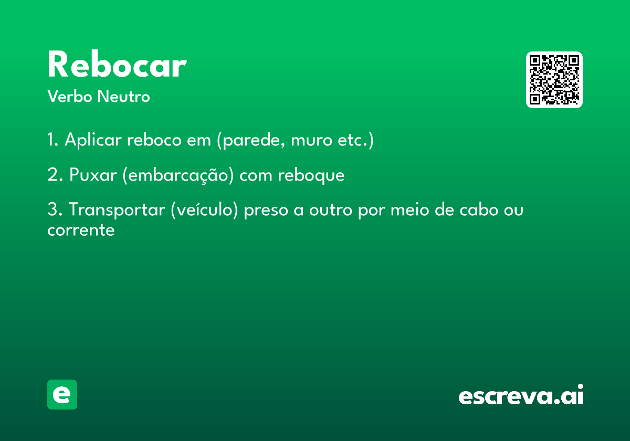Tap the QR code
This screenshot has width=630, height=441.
coord(554,80)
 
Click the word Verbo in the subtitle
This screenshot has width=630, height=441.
coord(70,96)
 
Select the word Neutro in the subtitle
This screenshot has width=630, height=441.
coord(123,96)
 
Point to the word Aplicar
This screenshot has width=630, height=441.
coord(93,140)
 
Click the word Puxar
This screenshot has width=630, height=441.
coord(93,175)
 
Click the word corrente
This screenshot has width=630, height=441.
coord(81,230)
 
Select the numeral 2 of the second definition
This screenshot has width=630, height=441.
coord(52,174)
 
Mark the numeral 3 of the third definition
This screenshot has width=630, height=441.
coord(52,209)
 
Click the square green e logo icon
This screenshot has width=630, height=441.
coord(62,394)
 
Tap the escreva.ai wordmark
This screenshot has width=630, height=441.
coord(521,395)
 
